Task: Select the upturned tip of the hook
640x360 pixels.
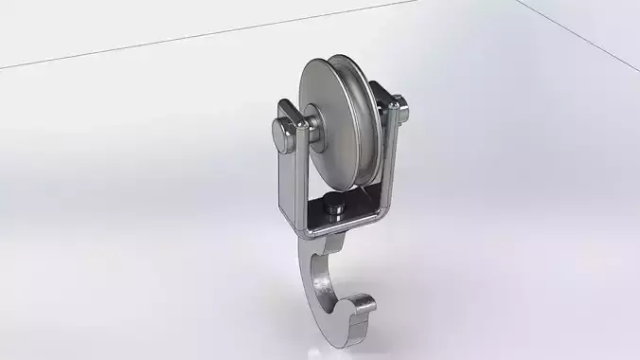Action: pos(364,306)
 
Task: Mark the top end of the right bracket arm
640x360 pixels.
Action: pos(386,93)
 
